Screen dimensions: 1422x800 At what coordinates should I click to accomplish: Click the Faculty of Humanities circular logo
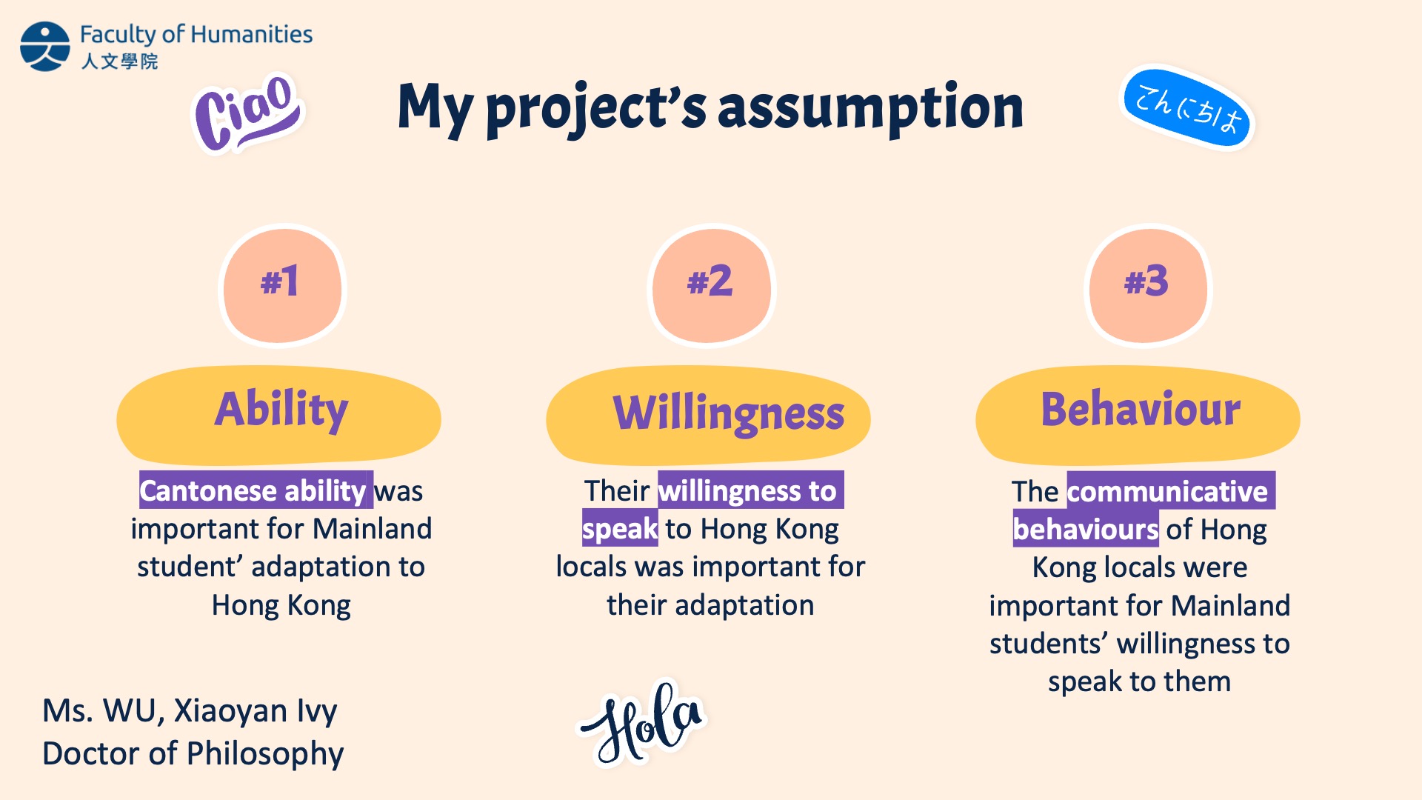click(x=45, y=46)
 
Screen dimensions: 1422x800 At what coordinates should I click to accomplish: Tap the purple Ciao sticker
click(x=247, y=113)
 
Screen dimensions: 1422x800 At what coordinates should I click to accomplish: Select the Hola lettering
click(x=641, y=722)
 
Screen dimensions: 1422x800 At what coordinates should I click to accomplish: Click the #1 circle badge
click(x=282, y=285)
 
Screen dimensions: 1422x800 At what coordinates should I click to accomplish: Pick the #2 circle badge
click(x=711, y=285)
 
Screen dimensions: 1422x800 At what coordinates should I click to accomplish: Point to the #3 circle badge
click(x=1147, y=285)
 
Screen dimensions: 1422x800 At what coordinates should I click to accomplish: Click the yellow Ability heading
click(x=279, y=415)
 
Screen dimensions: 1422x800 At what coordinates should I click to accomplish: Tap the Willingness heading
click(x=709, y=415)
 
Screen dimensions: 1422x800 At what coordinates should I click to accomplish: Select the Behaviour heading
click(x=1138, y=415)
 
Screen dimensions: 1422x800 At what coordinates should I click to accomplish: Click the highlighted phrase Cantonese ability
click(x=256, y=490)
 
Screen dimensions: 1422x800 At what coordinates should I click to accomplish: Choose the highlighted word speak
click(x=620, y=528)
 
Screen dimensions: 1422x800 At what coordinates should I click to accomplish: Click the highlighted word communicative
click(x=1171, y=490)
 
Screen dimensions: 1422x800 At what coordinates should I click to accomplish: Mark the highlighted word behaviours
click(x=1086, y=529)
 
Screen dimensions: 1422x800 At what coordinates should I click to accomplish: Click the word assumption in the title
click(x=870, y=107)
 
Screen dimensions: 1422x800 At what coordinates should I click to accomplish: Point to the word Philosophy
click(x=265, y=754)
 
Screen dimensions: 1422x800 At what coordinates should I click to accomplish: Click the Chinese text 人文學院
click(x=119, y=61)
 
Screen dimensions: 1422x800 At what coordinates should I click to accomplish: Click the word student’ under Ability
click(x=190, y=567)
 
